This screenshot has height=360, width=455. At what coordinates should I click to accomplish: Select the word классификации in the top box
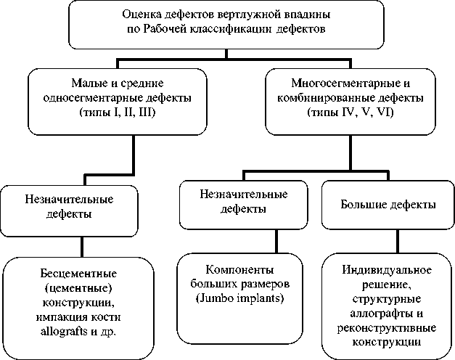tap(235, 29)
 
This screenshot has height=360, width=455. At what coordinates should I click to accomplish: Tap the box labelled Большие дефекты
tap(388, 205)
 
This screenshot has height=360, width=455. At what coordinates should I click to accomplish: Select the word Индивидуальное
tap(388, 270)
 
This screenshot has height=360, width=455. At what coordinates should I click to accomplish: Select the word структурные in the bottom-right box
tap(388, 298)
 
